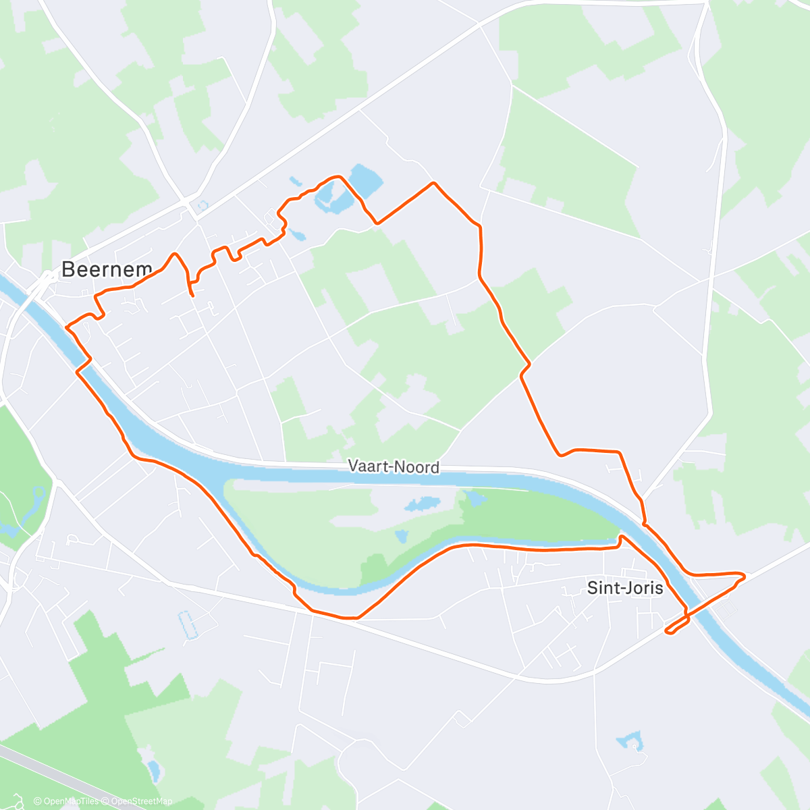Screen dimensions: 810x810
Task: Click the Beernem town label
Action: pos(106,269)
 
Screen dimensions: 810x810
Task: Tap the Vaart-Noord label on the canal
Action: pos(394,466)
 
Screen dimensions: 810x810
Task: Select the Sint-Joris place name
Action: pos(625,587)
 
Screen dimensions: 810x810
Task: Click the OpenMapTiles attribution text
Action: pos(66,801)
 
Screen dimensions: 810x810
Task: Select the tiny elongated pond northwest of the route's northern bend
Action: pos(294,181)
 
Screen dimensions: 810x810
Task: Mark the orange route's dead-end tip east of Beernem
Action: pos(193,295)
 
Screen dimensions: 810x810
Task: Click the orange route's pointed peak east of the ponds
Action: pos(433,183)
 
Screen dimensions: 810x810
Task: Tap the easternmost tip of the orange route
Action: pos(744,576)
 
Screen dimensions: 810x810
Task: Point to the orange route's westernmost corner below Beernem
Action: pos(66,327)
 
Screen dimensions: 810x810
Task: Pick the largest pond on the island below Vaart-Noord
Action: pos(422,504)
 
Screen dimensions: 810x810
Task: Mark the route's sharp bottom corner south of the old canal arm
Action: pos(356,617)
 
